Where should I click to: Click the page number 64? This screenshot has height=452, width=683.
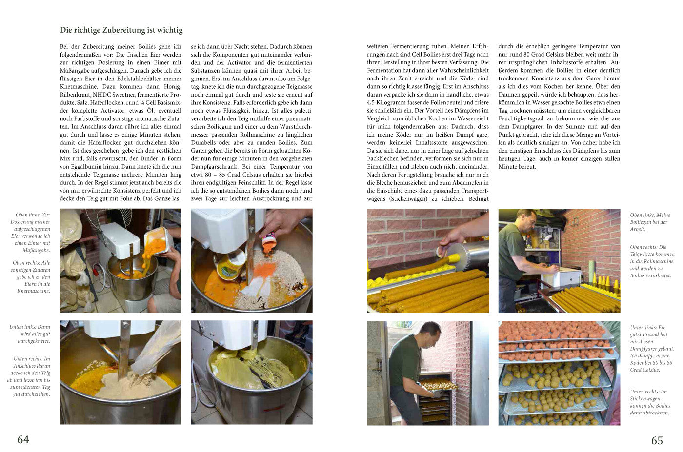pos(23,439)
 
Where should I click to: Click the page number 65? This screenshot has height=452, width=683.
pos(657,440)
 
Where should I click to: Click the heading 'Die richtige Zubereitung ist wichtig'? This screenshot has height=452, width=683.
pos(121,30)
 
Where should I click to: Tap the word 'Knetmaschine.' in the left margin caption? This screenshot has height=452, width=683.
pos(34,291)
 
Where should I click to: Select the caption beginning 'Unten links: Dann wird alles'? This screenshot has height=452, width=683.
pos(30,334)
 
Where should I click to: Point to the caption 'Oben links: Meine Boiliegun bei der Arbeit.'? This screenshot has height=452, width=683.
pos(650,222)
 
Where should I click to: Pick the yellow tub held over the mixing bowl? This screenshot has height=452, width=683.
pos(230,264)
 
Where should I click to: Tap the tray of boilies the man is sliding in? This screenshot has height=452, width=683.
pos(438,386)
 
